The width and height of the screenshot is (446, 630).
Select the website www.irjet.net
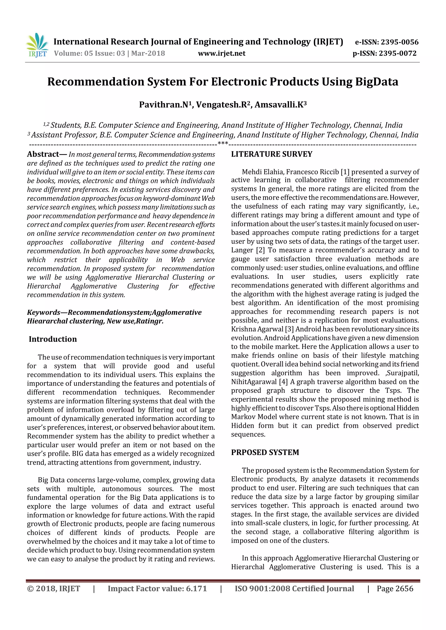tap(222, 53)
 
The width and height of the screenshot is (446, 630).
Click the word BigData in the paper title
tap(377, 82)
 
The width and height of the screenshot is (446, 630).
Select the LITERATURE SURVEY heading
tap(272, 154)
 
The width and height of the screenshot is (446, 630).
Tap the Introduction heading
tap(53, 339)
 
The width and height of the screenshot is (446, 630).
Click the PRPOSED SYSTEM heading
tap(265, 452)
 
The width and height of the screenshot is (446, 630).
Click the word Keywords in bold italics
tap(43, 312)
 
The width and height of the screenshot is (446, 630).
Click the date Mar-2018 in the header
tap(148, 53)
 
